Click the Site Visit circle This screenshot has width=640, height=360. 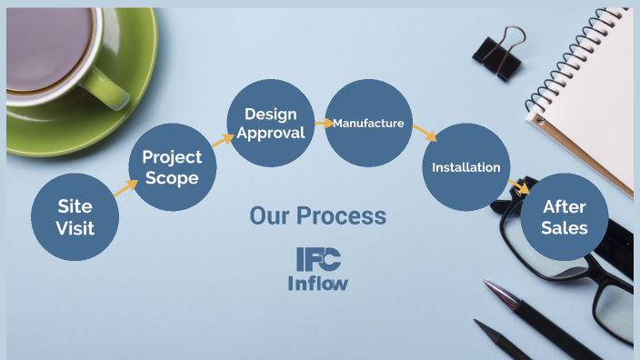pos(75,215)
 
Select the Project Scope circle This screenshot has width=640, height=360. pos(172,168)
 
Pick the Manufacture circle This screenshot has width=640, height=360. pos(367,123)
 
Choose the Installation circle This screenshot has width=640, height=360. pos(465,167)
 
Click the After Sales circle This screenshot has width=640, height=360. pos(564,217)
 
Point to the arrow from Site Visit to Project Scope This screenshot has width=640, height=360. pos(125,187)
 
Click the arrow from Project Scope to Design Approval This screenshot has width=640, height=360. pos(223,139)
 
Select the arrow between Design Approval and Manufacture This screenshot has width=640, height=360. pos(323,122)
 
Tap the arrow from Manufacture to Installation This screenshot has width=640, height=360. pos(424,133)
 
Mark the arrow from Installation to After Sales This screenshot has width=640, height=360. pos(518,187)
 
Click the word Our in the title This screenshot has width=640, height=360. pos(269,216)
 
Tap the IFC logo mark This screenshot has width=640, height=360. pos(318,259)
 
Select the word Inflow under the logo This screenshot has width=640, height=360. pos(318,282)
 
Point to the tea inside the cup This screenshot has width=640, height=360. pos(45,41)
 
